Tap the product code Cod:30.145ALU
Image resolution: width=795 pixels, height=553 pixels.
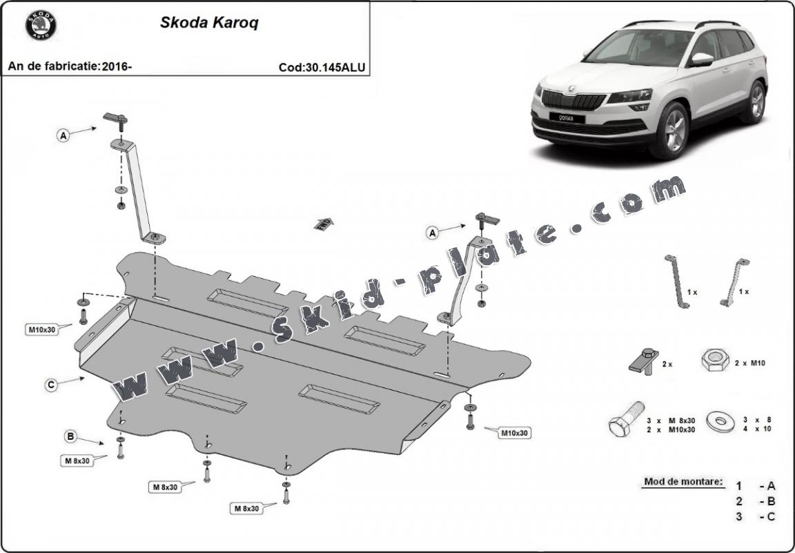pyautogui.click(x=322, y=67)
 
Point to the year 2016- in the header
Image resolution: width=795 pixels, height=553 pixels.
pyautogui.click(x=117, y=66)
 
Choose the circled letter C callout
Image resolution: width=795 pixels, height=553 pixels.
pyautogui.click(x=51, y=385)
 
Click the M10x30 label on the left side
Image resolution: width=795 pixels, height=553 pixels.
pyautogui.click(x=41, y=329)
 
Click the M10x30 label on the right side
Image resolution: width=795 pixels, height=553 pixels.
pyautogui.click(x=514, y=433)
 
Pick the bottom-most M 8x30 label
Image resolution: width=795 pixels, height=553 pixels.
pyautogui.click(x=246, y=508)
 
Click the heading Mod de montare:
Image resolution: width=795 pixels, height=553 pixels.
pyautogui.click(x=683, y=481)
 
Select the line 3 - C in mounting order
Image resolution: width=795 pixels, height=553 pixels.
pyautogui.click(x=755, y=516)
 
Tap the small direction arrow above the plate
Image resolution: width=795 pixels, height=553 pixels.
pyautogui.click(x=322, y=223)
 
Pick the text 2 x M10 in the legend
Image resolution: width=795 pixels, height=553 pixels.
pyautogui.click(x=749, y=362)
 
